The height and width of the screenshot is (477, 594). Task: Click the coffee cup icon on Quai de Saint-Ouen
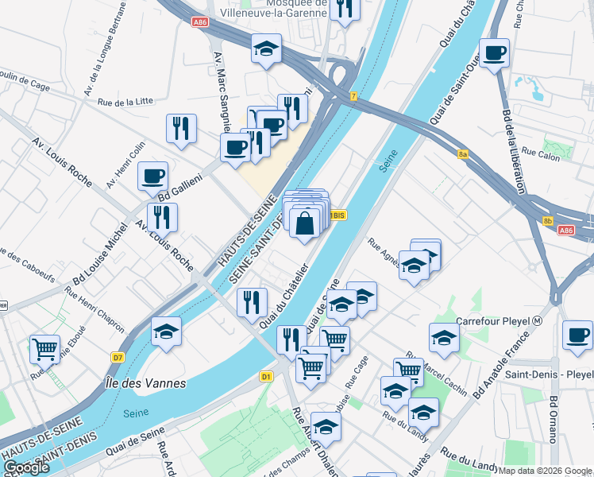click(495, 53)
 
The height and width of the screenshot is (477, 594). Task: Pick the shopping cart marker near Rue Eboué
click(44, 347)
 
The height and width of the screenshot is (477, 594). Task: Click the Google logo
click(25, 467)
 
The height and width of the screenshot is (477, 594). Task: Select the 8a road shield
click(464, 155)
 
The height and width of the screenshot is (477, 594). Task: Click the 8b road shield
click(548, 221)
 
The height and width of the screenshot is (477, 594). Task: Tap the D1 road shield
click(266, 376)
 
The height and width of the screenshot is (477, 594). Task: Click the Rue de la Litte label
click(125, 102)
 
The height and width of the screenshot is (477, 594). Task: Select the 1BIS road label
click(337, 215)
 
